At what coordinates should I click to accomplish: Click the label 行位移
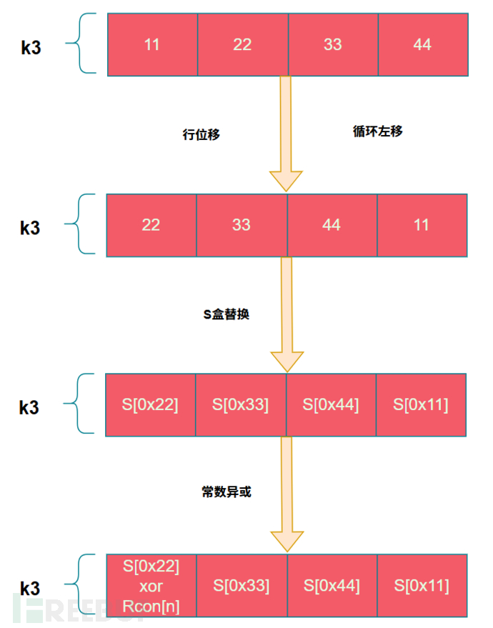[201, 135]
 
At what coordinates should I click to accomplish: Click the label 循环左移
[378, 131]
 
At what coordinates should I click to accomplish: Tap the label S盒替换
[226, 314]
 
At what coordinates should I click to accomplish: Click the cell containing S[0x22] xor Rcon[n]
[151, 585]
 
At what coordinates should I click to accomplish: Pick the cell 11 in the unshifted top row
[152, 44]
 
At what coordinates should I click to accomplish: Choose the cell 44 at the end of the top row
[422, 44]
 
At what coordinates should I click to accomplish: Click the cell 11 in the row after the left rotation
[422, 225]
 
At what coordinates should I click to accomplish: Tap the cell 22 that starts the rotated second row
[151, 225]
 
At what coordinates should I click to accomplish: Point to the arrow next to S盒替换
[286, 314]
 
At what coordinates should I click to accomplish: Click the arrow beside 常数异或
[286, 494]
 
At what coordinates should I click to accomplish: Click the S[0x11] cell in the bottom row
[422, 586]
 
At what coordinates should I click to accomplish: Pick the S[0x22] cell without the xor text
[150, 405]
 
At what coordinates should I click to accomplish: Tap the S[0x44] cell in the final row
[332, 586]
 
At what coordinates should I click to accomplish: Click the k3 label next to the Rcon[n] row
[29, 589]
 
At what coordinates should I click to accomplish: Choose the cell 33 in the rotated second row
[241, 225]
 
